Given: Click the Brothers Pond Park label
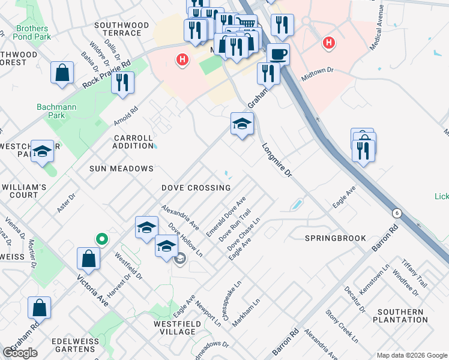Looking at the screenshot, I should pos(32,33).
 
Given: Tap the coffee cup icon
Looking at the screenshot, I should pos(278,55).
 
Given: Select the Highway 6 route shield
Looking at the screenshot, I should pos(397,213).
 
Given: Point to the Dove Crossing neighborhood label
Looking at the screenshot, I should pos(196,188).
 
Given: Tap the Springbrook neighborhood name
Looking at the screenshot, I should pos(335,238).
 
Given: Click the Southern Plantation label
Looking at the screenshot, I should pos(400,316).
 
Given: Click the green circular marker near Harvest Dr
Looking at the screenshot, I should pos(102,239).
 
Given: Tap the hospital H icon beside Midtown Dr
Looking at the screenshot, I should pos(328,43).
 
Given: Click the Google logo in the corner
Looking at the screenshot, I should pos(20,353).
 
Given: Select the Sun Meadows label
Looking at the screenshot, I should pos(121,169).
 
